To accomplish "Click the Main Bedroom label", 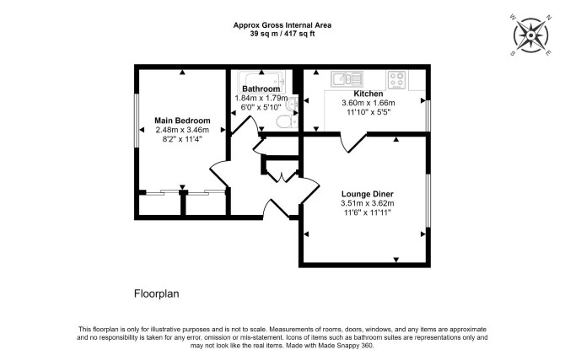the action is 182,121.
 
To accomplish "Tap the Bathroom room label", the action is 261,89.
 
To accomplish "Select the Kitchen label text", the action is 369,94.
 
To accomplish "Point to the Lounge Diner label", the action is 368,194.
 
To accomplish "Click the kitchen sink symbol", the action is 347,78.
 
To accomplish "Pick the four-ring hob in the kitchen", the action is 397,80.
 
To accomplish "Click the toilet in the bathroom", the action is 287,121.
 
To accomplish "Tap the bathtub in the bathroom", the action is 261,81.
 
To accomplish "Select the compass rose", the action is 531,35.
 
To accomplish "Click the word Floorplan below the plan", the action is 156,293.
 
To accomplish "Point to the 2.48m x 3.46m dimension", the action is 182,130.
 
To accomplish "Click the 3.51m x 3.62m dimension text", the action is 368,203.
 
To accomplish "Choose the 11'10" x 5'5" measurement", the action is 369,112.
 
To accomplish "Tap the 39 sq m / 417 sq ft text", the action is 282,34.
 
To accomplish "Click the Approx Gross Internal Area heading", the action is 282,25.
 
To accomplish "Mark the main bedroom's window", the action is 137,121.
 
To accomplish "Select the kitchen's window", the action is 428,116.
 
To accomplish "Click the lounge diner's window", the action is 428,201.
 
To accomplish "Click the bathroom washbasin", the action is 293,105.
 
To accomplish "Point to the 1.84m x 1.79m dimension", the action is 261,98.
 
